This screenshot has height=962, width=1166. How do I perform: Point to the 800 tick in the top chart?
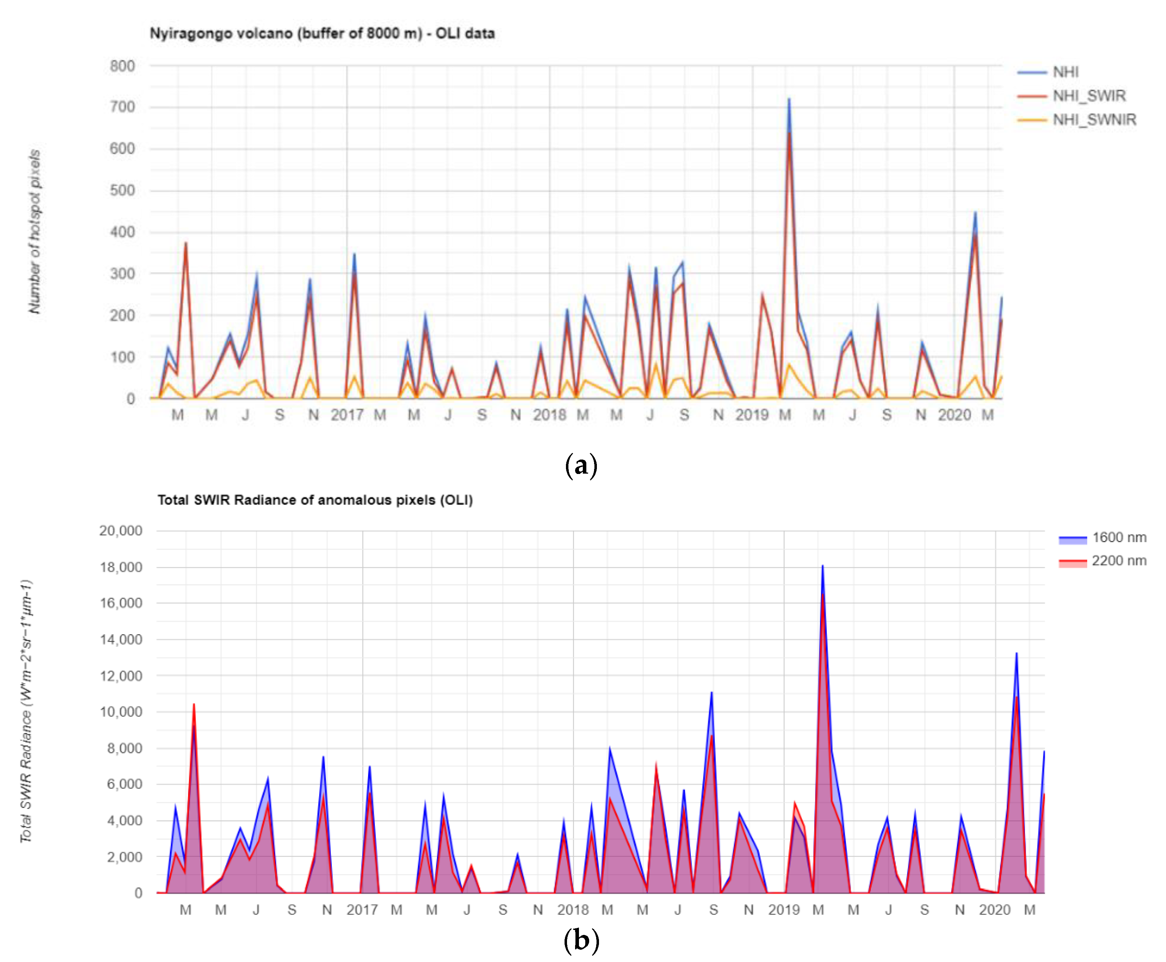122,66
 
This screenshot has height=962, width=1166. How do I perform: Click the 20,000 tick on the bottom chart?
121,531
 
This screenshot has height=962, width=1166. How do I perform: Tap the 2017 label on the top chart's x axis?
347,415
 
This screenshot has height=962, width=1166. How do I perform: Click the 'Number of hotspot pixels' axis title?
35,232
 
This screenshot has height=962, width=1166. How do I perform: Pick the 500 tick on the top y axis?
122,191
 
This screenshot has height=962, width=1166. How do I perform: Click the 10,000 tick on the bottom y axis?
121,712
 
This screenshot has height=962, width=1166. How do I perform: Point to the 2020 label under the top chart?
954,415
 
